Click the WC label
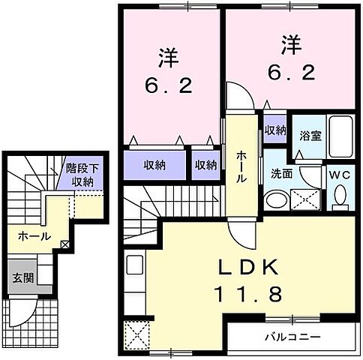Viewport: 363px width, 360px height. tap(340, 175)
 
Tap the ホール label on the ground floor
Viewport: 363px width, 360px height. tap(34, 236)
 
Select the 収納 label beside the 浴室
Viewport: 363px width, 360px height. tap(274, 130)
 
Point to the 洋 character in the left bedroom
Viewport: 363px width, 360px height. tap(166, 58)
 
